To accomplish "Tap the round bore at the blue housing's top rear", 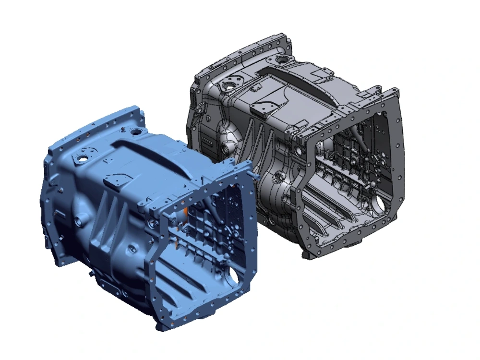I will pyautogui.click(x=136, y=131).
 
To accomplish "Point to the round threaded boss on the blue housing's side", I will pyautogui.click(x=77, y=222).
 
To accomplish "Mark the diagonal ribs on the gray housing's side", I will pyautogui.click(x=254, y=144).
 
